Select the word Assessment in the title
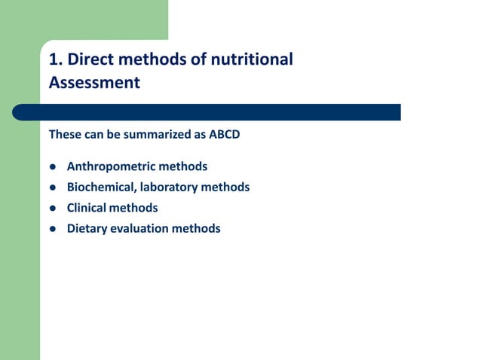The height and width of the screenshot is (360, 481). point(94,82)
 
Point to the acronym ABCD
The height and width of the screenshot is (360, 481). point(224,136)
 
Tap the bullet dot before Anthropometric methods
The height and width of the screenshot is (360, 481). point(53,166)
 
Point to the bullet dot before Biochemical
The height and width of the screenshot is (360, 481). point(53,188)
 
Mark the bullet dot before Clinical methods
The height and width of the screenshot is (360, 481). point(53,208)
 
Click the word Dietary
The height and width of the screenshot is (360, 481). point(87,228)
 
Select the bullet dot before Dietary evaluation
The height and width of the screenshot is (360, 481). point(53,229)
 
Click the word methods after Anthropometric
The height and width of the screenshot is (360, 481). point(182,166)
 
